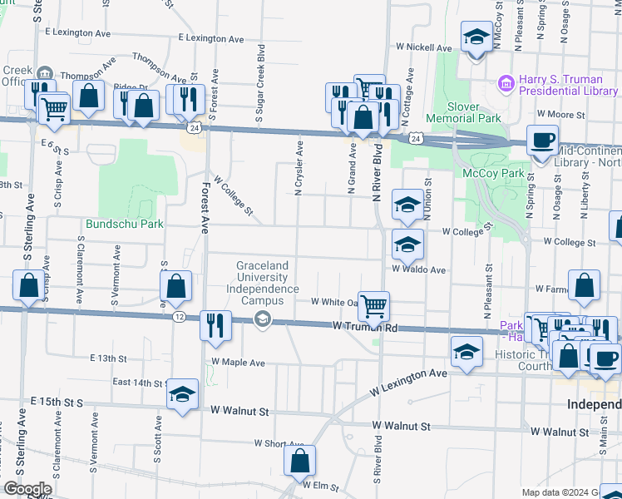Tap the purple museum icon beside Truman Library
505,83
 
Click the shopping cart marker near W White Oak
374,305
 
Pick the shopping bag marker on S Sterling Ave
29,285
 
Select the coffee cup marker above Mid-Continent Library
542,139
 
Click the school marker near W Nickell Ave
476,37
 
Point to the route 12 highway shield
179,317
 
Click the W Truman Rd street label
365,328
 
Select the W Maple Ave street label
238,363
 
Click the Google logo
27,489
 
